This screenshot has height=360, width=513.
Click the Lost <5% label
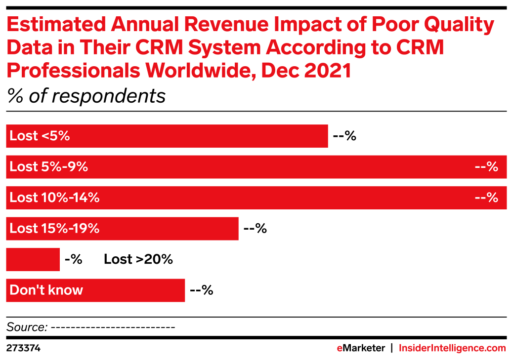[x=40, y=136]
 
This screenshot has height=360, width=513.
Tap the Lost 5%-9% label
[x=48, y=167]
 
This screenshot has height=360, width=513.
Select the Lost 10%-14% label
[x=54, y=198]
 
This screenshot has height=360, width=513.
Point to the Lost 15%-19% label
[x=54, y=229]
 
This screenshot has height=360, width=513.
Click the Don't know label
[x=46, y=290]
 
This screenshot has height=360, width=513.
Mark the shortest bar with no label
[x=33, y=260]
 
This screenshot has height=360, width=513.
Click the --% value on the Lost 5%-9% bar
[x=486, y=167]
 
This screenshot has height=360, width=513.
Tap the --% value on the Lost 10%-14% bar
[x=486, y=198]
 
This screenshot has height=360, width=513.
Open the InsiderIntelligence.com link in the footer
[x=452, y=348]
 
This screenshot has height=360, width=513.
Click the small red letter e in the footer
[x=340, y=348]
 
